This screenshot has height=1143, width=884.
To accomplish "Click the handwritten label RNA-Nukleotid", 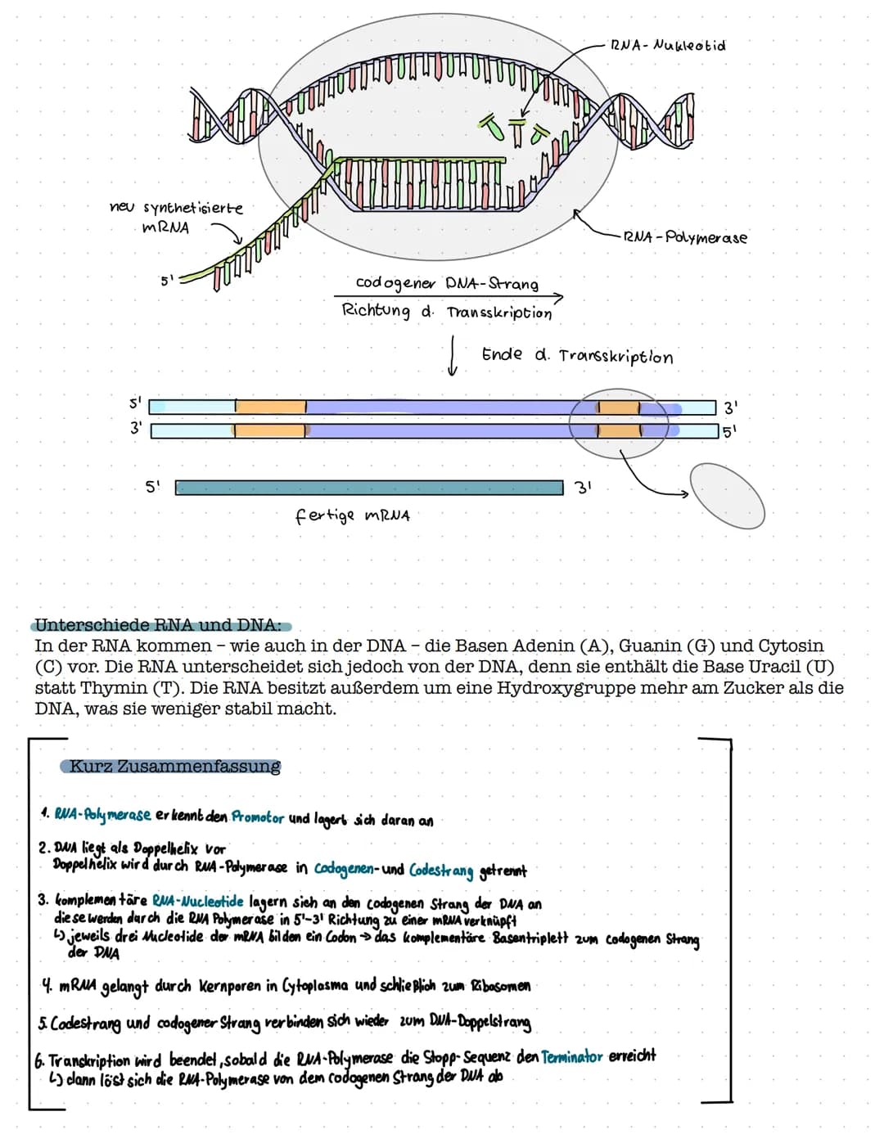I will click(x=667, y=45).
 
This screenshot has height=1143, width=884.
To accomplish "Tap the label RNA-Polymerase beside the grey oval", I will click(x=684, y=237).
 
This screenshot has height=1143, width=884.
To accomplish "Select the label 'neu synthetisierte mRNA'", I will click(x=175, y=217).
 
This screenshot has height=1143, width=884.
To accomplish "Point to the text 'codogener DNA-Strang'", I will click(x=447, y=283).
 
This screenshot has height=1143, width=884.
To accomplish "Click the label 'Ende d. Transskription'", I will click(x=577, y=356).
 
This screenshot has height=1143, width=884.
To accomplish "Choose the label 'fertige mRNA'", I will click(x=352, y=515).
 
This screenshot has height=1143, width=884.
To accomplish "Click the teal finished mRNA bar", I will click(x=368, y=488).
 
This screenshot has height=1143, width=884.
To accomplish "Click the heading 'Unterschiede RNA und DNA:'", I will click(x=157, y=625).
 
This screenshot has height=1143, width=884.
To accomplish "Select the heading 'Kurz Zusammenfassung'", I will click(x=174, y=767).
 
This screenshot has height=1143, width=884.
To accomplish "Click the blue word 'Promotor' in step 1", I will click(x=258, y=817).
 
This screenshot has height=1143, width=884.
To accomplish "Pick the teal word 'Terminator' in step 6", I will click(x=572, y=1057).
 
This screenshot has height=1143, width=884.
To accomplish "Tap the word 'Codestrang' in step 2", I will click(x=441, y=871).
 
